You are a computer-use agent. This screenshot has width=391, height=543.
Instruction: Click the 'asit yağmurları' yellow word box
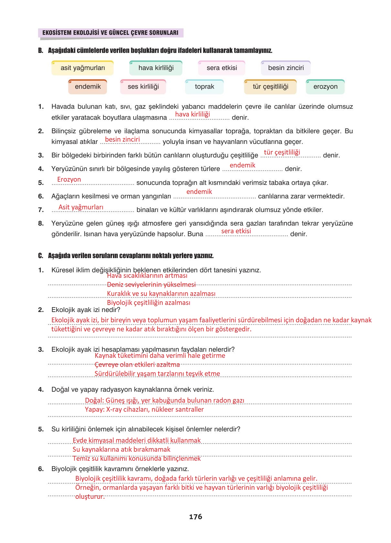coord(83,68)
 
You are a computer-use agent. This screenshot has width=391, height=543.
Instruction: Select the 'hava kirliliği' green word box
coord(156,68)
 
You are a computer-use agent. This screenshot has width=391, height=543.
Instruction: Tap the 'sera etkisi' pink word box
coord(222,68)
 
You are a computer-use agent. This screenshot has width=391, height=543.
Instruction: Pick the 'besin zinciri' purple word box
coord(286,68)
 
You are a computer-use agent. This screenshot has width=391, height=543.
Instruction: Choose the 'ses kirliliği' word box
coord(143,87)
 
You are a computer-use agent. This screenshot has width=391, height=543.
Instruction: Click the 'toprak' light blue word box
coord(204,87)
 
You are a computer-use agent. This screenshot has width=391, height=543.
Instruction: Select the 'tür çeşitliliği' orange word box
coord(270,87)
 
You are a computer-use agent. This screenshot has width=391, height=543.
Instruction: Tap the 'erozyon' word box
coord(325,87)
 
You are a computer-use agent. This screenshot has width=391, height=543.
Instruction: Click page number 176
coord(195,517)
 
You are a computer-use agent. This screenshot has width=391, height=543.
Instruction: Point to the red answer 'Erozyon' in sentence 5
coord(69,179)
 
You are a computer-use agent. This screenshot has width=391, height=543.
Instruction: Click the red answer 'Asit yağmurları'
coord(81,207)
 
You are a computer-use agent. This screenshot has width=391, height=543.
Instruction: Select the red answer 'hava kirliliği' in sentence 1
coord(193,114)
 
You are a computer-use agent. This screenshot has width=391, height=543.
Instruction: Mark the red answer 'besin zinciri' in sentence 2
coord(122,139)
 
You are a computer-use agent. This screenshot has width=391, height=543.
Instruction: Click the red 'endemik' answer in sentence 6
coord(199,192)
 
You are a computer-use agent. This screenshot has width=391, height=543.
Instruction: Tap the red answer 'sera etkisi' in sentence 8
coord(236,231)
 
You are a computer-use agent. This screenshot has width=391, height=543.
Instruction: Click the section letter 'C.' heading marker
coord(41,256)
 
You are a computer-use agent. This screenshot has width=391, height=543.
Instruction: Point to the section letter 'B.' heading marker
coord(41,51)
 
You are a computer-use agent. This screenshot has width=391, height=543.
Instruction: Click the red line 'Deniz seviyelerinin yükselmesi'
coord(151,285)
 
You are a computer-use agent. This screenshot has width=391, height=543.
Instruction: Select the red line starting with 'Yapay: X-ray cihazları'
coord(144,409)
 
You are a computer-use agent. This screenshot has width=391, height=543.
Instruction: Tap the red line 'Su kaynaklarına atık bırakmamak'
coord(121,449)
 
